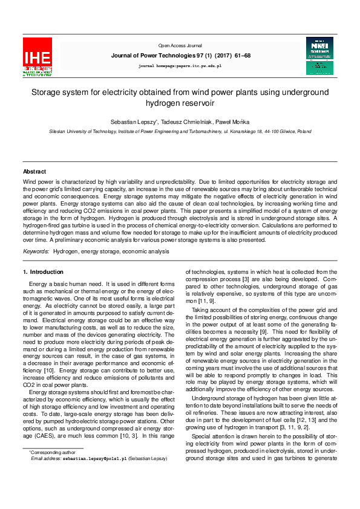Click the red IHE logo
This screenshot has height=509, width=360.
pyautogui.click(x=37, y=56)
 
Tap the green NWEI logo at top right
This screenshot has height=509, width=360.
pyautogui.click(x=319, y=56)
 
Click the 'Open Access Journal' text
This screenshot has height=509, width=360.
pyautogui.click(x=180, y=46)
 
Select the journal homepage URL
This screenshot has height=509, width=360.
pyautogui.click(x=180, y=65)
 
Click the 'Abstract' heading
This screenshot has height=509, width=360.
pyautogui.click(x=34, y=172)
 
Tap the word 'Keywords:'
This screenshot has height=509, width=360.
pyautogui.click(x=36, y=251)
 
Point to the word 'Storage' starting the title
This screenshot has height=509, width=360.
pyautogui.click(x=47, y=92)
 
